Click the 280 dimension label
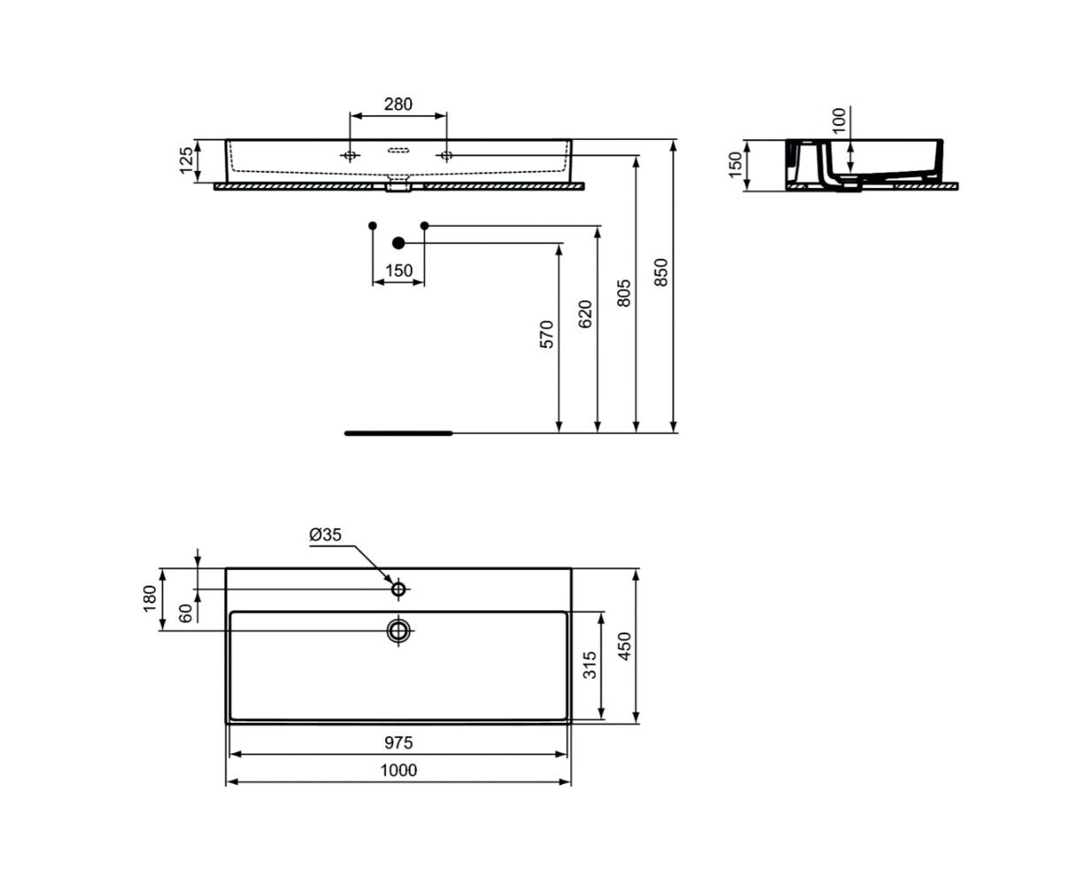398,105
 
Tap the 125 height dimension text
186,160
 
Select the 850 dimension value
661,272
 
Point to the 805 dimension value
623,293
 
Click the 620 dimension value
585,314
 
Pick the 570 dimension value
547,335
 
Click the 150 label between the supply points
398,270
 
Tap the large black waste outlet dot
398,243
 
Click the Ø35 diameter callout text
325,534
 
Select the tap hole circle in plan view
398,589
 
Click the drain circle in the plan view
398,630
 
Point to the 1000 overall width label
398,770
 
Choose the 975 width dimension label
398,742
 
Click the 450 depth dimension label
624,647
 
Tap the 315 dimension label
591,665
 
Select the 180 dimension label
150,599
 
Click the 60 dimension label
186,613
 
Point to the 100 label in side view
838,120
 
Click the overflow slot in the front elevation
398,151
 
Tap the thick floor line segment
398,433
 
